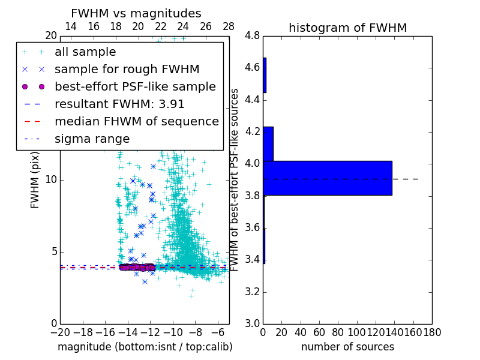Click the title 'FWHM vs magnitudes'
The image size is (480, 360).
[136, 13]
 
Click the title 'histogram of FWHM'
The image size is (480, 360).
[347, 28]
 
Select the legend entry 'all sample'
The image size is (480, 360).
[85, 52]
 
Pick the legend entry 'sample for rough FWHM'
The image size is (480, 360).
[127, 70]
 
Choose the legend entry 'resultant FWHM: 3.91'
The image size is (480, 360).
[119, 104]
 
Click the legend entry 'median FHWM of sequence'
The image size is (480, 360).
[136, 121]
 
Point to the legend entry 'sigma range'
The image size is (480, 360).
[92, 139]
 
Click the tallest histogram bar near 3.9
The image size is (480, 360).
[327, 178]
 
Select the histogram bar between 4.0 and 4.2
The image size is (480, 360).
[268, 144]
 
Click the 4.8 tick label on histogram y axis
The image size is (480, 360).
[252, 35]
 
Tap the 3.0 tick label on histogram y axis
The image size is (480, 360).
[252, 323]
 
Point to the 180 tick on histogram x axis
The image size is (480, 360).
[432, 332]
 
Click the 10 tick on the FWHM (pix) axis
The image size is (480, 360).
[51, 180]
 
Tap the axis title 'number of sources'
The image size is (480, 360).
[347, 347]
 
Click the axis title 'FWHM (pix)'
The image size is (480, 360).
[35, 179]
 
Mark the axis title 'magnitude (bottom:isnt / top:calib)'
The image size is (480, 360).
[145, 347]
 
